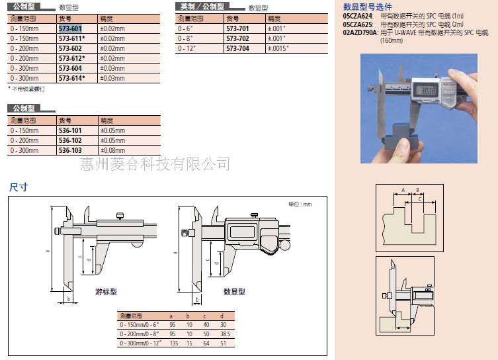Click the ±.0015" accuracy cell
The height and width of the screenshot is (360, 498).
278,48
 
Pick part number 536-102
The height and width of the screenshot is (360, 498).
69,140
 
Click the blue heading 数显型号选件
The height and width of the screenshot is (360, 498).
368,6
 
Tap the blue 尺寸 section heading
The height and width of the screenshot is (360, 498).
19,187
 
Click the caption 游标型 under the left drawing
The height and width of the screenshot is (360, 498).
106,291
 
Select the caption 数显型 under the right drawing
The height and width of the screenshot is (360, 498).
234,291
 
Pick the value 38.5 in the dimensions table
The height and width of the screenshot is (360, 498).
226,334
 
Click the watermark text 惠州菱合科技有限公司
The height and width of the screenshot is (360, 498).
155,163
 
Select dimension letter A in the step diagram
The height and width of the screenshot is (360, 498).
402,190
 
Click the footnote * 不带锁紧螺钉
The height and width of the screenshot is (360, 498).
26,88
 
